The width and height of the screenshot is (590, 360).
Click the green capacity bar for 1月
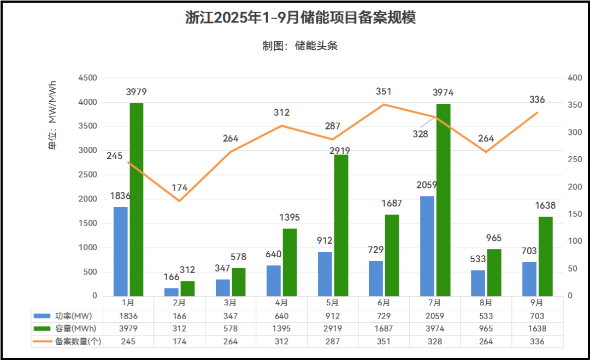click(x=137, y=199)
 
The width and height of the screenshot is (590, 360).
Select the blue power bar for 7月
click(x=427, y=246)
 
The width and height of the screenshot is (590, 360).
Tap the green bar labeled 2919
click(x=341, y=225)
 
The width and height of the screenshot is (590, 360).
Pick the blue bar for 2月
click(x=172, y=292)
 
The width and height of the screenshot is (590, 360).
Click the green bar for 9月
click(x=545, y=256)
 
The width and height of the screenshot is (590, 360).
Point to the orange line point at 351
click(x=383, y=104)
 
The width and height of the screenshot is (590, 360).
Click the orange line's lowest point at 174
click(x=179, y=201)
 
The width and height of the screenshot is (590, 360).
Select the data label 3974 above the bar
click(x=442, y=92)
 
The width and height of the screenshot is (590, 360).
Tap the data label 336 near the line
click(x=537, y=100)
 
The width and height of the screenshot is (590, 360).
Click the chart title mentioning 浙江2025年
click(x=300, y=17)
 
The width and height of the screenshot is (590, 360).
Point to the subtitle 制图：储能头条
click(x=300, y=46)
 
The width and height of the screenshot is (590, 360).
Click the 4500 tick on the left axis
click(x=87, y=78)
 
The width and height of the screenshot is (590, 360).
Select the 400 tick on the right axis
click(x=575, y=78)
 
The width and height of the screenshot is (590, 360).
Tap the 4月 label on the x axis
click(x=281, y=302)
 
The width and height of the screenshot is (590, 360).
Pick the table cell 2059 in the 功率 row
click(x=435, y=316)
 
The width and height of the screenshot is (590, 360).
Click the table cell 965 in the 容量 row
click(x=486, y=328)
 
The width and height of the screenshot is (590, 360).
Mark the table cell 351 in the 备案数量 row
click(x=383, y=341)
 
